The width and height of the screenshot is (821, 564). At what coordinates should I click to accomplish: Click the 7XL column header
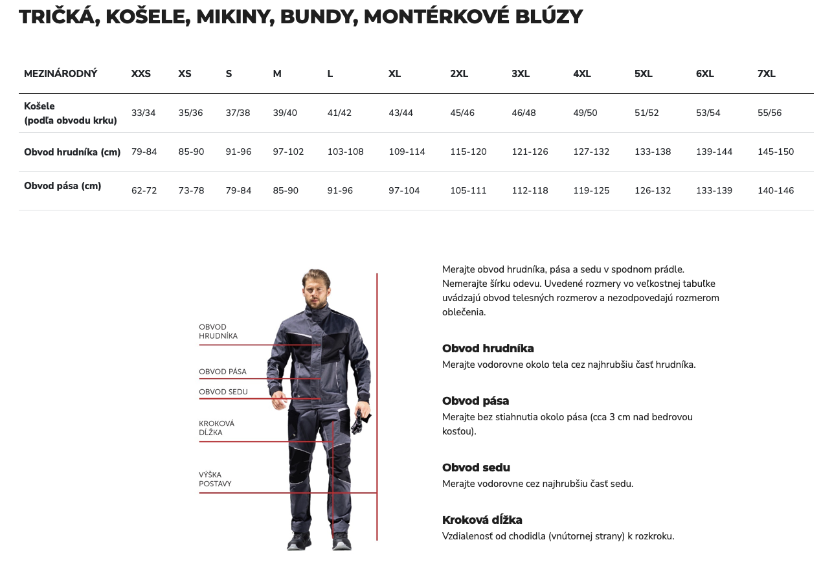click(766, 74)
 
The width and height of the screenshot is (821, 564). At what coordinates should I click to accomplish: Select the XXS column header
click(141, 74)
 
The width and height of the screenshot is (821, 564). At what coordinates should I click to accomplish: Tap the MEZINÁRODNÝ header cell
click(61, 74)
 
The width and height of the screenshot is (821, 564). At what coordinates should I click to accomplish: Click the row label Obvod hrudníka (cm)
click(73, 152)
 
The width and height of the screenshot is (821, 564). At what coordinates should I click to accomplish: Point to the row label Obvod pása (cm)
click(63, 186)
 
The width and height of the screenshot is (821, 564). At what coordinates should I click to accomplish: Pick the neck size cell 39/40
click(285, 113)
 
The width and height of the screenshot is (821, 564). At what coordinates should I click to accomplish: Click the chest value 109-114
click(407, 152)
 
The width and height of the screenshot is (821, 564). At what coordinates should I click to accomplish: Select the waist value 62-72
click(144, 190)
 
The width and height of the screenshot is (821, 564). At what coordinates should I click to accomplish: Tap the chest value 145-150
click(776, 152)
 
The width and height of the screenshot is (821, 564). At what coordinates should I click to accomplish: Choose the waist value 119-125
click(591, 190)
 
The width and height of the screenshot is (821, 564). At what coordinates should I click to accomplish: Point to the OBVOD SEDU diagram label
click(223, 392)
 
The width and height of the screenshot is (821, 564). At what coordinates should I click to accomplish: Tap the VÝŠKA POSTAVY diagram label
click(215, 479)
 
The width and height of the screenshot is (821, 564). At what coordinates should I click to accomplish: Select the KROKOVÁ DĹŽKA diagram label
click(216, 428)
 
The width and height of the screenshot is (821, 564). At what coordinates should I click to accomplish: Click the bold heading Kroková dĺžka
click(482, 520)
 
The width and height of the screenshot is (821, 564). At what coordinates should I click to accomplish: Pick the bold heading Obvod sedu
click(476, 468)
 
